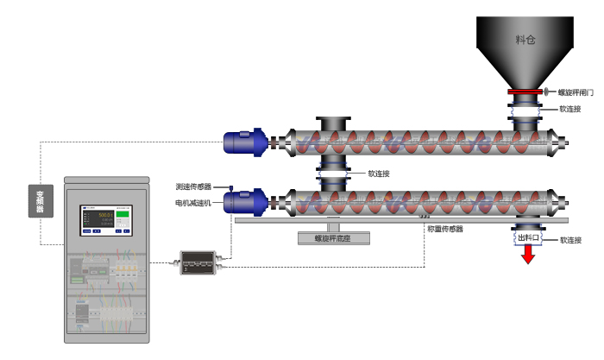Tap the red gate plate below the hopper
pos(523,92)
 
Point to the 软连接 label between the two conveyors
pos(379,174)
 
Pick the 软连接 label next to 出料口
pos(570,240)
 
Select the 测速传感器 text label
pos(193,186)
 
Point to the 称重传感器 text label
pos(445,230)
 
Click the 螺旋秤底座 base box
pos(332,238)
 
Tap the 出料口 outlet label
pos(527,237)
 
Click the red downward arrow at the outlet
pos(527,255)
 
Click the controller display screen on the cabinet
pos(108,221)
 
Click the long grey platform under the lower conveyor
pos(388,221)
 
